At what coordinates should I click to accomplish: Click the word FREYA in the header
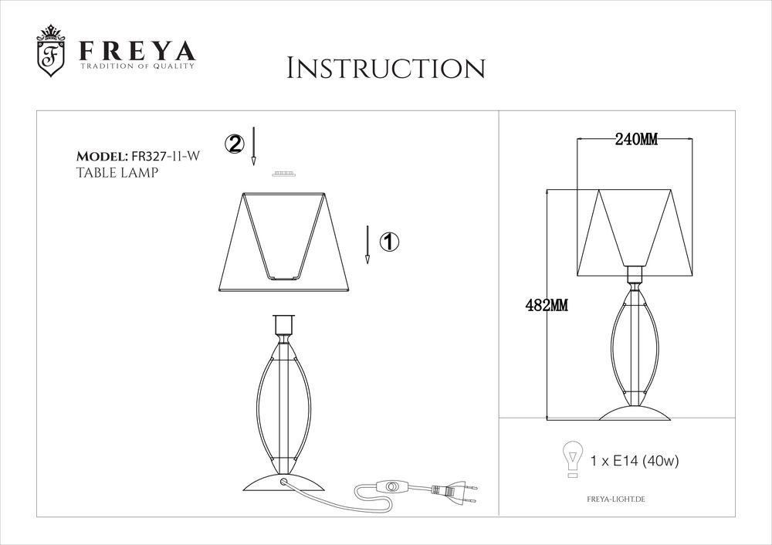click(x=137, y=51)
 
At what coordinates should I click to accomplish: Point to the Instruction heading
click(x=386, y=68)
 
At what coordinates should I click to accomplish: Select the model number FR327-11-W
click(x=165, y=157)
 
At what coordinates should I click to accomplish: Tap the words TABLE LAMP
click(x=117, y=173)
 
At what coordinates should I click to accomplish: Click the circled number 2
click(x=235, y=144)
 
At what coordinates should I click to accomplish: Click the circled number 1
click(x=389, y=242)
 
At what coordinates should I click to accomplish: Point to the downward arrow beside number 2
click(x=253, y=146)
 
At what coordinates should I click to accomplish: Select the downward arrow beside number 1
click(x=367, y=245)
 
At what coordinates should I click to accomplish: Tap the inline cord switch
click(x=392, y=487)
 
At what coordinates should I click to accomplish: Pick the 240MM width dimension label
click(x=636, y=140)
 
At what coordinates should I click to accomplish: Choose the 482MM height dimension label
click(x=547, y=305)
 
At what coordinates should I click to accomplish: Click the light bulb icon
click(x=573, y=459)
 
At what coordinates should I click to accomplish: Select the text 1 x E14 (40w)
click(x=634, y=462)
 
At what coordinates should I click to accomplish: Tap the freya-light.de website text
click(x=616, y=499)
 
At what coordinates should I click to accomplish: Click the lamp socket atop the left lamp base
click(x=284, y=325)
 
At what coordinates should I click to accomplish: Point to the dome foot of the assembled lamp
click(x=635, y=414)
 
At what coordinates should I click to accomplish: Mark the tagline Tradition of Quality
click(x=137, y=66)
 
